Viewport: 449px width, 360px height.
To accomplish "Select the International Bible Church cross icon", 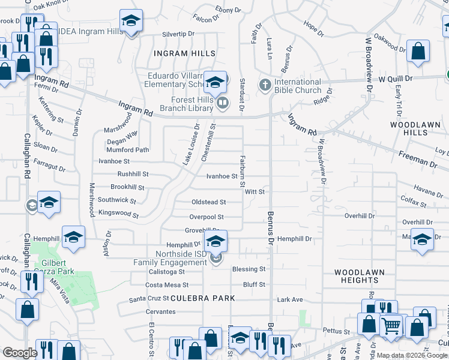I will [265, 86].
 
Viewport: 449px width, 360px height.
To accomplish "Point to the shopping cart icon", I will [391, 326].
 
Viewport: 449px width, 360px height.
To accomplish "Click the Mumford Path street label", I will [127, 150].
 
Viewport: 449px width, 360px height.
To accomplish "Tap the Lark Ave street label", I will [290, 299].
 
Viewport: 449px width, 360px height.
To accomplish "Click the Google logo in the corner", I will [20, 353].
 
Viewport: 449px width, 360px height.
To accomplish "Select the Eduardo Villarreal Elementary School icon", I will [215, 82].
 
